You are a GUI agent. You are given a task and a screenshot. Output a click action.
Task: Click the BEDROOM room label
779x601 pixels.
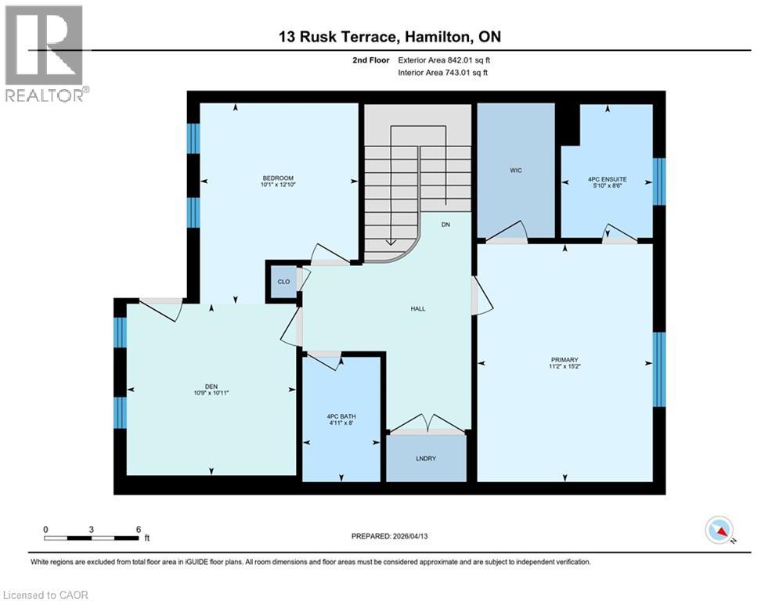[279, 178]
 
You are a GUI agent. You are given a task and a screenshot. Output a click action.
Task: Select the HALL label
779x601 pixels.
[418, 308]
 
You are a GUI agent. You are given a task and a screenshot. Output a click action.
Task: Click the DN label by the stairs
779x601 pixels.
[445, 225]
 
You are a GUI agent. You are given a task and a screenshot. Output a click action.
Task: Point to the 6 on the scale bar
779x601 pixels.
[138, 529]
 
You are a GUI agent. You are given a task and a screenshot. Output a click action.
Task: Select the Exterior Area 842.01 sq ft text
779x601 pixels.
[444, 59]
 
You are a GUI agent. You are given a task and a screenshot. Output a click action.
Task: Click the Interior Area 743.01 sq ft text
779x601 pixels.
[444, 73]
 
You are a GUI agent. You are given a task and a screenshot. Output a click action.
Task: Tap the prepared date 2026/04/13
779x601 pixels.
[414, 536]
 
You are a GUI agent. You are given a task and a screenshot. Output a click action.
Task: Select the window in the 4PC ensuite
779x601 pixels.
[659, 181]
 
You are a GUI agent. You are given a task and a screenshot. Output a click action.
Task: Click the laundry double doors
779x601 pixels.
[427, 425]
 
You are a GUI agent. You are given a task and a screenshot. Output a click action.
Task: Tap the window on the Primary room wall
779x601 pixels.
[659, 369]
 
